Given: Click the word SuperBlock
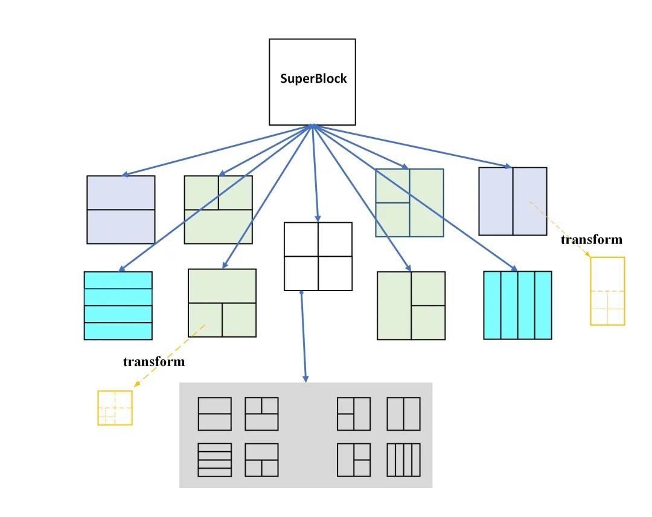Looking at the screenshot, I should (x=313, y=79).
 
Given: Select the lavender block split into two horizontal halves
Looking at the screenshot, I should (x=121, y=210).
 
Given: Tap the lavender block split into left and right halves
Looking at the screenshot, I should (x=513, y=201).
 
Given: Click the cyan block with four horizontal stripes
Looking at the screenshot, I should (x=118, y=306).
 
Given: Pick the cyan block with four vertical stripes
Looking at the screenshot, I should (x=517, y=305).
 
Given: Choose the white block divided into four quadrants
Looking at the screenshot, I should (x=318, y=257).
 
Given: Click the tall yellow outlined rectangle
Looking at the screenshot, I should (x=607, y=291).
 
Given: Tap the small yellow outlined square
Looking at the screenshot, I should (x=115, y=408).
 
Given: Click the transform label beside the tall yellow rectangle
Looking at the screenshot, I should (x=591, y=240).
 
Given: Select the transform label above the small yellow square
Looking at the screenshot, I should (x=153, y=362).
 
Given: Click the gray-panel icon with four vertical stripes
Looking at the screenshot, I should (x=403, y=460).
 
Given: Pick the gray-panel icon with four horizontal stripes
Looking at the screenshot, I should (x=214, y=460).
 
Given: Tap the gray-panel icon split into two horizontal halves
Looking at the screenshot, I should (x=214, y=414).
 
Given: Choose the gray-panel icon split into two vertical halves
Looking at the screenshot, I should (x=403, y=414).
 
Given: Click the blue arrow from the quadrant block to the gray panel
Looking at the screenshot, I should (x=304, y=338).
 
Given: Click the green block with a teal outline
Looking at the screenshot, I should (x=409, y=202).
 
